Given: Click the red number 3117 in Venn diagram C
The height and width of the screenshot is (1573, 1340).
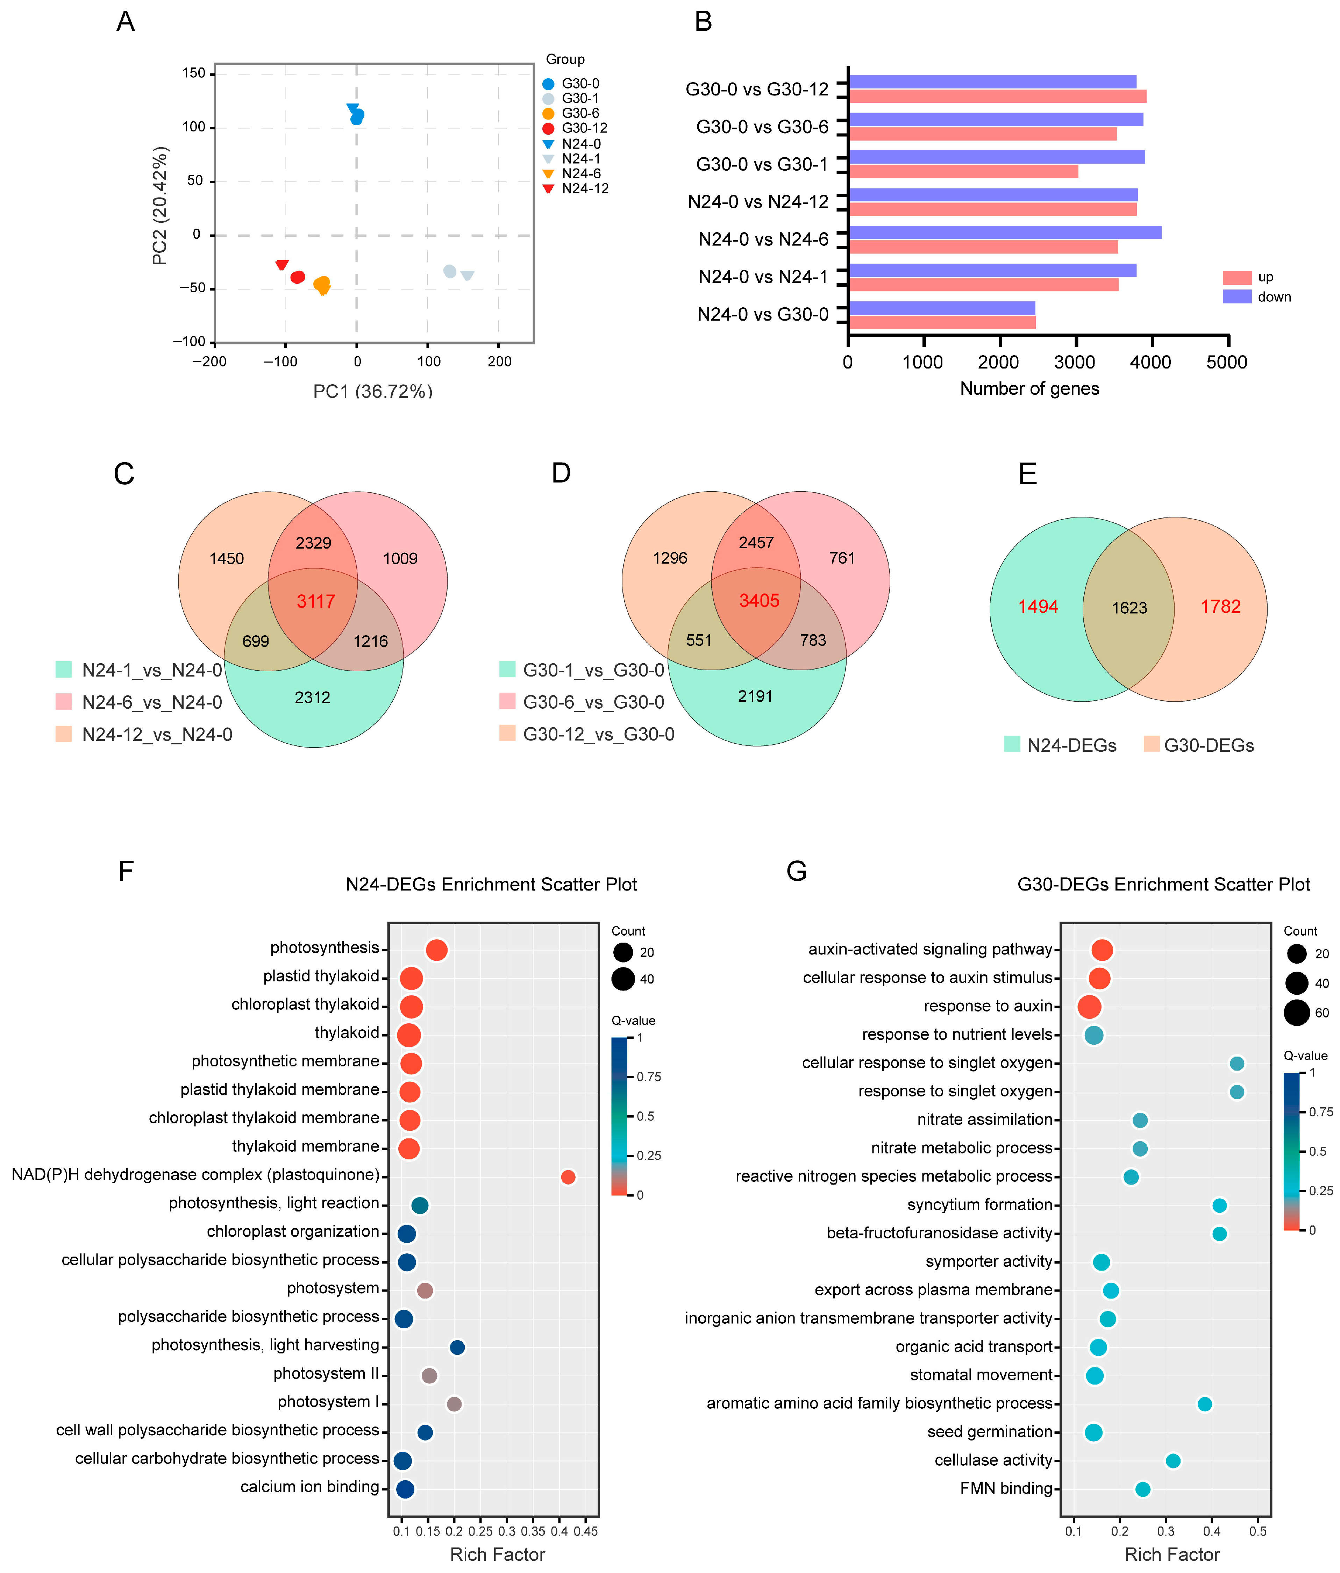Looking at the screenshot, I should pos(316,601).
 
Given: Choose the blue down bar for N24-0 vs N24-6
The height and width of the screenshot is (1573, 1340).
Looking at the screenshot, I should pos(1004,232).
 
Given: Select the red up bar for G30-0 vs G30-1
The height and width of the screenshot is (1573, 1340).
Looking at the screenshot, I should pos(963,172).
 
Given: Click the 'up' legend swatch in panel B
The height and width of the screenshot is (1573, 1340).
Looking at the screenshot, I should pos(1237,277).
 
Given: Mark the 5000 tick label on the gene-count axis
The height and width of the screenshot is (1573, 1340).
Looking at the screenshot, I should pos(1227,362).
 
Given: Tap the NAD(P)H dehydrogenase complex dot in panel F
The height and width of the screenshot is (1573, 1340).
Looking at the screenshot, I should pos(568,1177).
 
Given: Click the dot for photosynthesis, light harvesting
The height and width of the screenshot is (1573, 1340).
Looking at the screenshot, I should pos(457,1347).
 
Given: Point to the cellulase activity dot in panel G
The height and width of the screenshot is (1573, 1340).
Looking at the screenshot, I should pos(1173,1461).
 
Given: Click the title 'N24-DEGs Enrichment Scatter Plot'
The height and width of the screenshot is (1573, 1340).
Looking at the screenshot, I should pos(491,885).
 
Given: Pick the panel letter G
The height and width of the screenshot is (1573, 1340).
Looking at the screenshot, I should pos(796,871).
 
